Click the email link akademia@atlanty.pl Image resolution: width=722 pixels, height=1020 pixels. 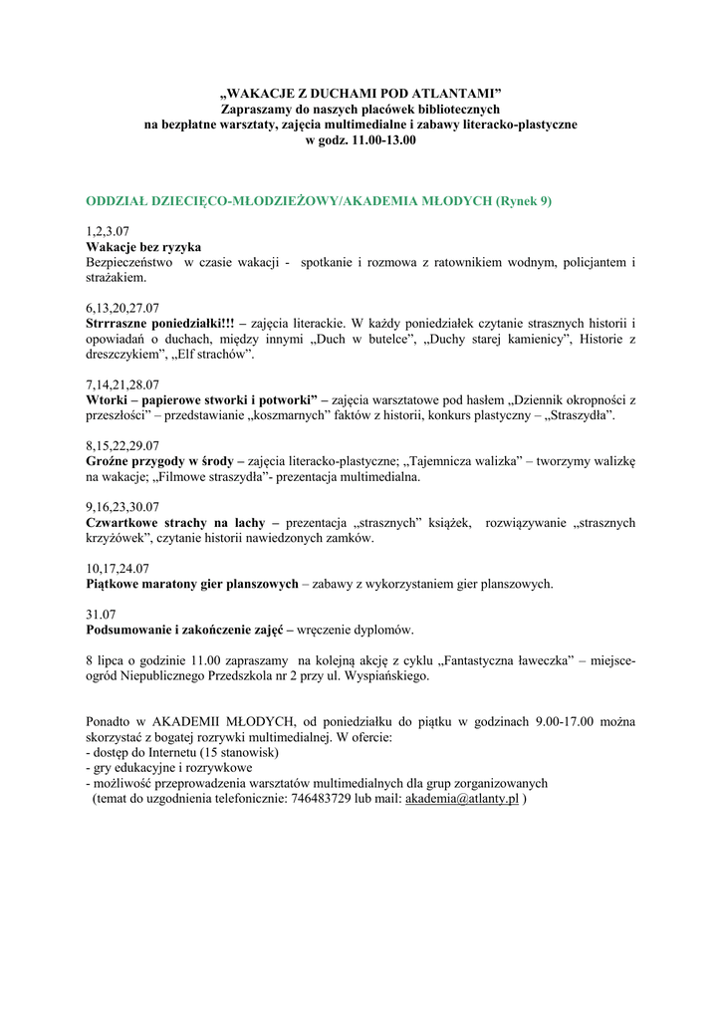(x=462, y=799)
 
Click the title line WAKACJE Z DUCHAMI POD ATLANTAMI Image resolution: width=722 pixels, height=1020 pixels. (x=361, y=93)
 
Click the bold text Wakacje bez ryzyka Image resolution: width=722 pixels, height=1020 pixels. (x=144, y=246)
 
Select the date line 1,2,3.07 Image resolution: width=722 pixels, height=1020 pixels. (x=109, y=230)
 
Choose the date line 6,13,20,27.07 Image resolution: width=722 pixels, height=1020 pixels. (x=123, y=308)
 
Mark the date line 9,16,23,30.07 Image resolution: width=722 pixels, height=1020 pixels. (x=123, y=507)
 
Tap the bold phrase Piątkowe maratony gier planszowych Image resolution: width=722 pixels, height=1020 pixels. (x=192, y=584)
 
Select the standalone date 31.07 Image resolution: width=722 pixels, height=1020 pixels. (x=102, y=615)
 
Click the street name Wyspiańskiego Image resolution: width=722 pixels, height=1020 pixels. (x=382, y=675)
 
